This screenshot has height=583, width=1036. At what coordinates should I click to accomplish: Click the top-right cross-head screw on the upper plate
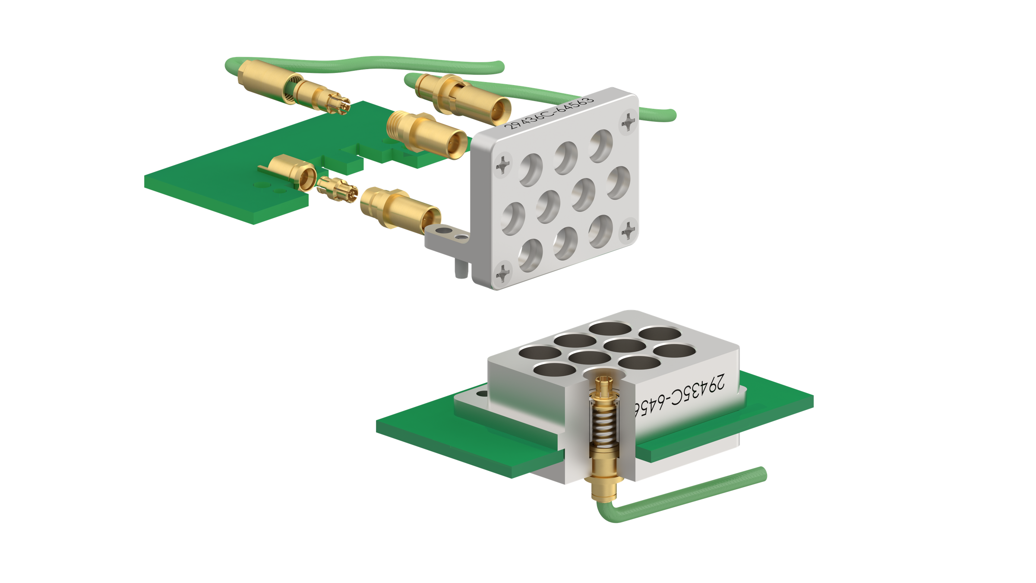pos(629,121)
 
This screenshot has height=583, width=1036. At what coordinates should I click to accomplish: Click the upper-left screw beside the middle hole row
pos(503,166)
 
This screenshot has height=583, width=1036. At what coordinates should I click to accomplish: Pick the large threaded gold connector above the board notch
pos(423,132)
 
